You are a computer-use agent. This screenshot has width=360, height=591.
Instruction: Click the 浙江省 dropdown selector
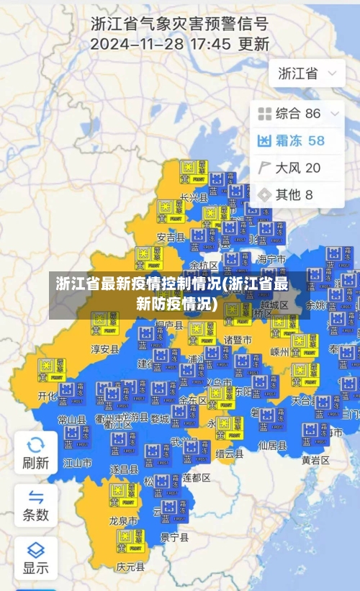307,73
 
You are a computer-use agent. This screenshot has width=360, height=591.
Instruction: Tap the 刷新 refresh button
35,452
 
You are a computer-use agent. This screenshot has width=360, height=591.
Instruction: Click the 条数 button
35,505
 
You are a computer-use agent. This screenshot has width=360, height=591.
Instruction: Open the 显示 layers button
35,557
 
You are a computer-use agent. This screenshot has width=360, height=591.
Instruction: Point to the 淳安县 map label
104,349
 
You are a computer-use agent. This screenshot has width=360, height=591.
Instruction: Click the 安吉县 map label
171,237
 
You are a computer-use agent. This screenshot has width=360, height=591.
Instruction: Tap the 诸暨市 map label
238,340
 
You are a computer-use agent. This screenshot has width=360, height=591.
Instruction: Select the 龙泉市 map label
122,520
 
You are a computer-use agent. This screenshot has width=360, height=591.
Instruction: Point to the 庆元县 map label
130,567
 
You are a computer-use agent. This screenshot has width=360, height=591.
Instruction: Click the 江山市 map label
77,463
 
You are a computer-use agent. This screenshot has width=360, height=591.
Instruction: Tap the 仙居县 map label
272,446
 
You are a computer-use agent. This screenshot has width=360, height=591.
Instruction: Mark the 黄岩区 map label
315,460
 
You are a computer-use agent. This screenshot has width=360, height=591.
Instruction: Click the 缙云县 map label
229,455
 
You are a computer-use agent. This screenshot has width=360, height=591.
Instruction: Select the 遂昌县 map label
124,469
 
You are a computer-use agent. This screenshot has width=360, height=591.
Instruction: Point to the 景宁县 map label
174,537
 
